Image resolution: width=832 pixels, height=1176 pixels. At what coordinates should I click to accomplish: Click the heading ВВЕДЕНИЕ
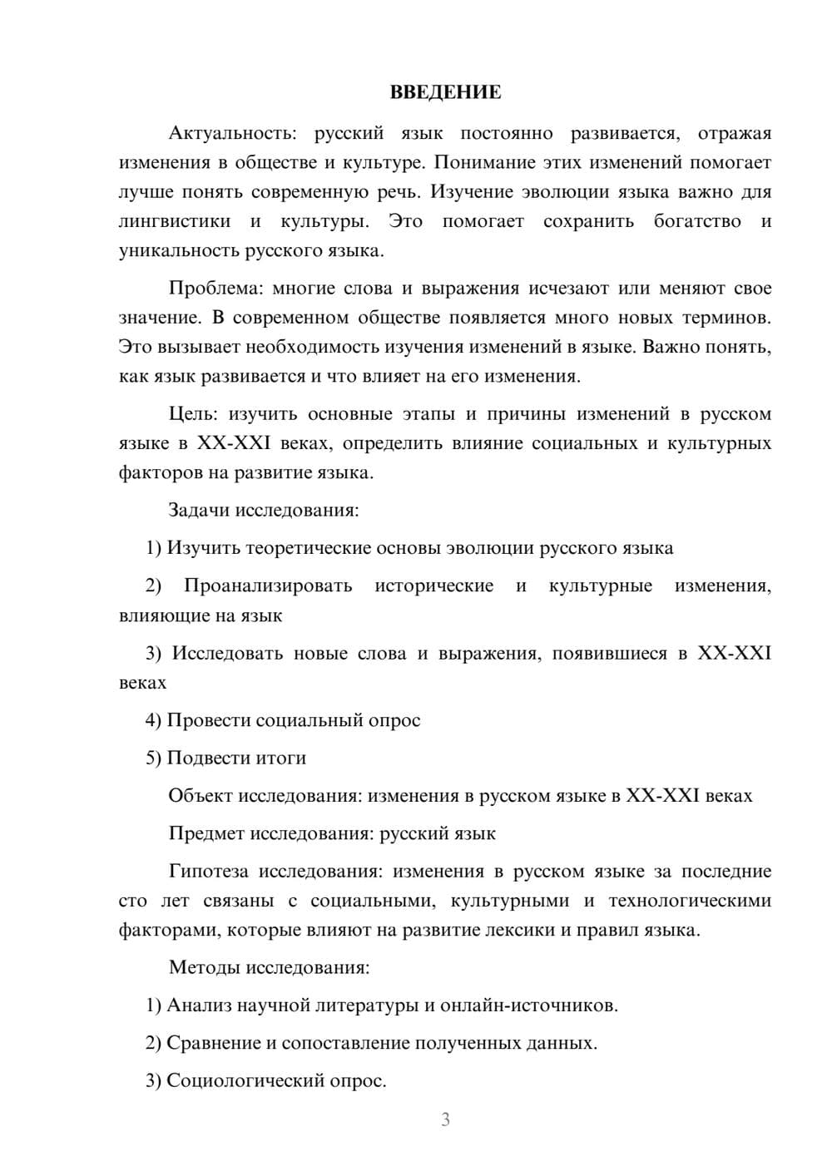click(x=445, y=92)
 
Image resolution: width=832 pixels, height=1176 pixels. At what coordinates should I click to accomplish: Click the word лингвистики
click(x=175, y=221)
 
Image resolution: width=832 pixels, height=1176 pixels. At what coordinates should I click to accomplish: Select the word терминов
click(x=726, y=318)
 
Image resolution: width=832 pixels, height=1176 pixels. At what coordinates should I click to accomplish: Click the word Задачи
click(x=200, y=510)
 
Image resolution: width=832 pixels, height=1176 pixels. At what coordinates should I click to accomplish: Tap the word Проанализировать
click(x=268, y=586)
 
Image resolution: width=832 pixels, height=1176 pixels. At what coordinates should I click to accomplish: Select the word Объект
click(x=201, y=796)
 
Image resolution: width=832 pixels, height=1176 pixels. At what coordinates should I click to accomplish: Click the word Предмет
click(x=206, y=833)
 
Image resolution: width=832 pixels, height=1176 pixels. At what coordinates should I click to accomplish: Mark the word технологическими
click(x=689, y=901)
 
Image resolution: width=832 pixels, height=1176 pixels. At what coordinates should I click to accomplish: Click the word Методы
click(x=201, y=967)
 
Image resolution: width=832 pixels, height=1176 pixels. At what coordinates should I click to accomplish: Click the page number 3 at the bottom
click(x=445, y=1119)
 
